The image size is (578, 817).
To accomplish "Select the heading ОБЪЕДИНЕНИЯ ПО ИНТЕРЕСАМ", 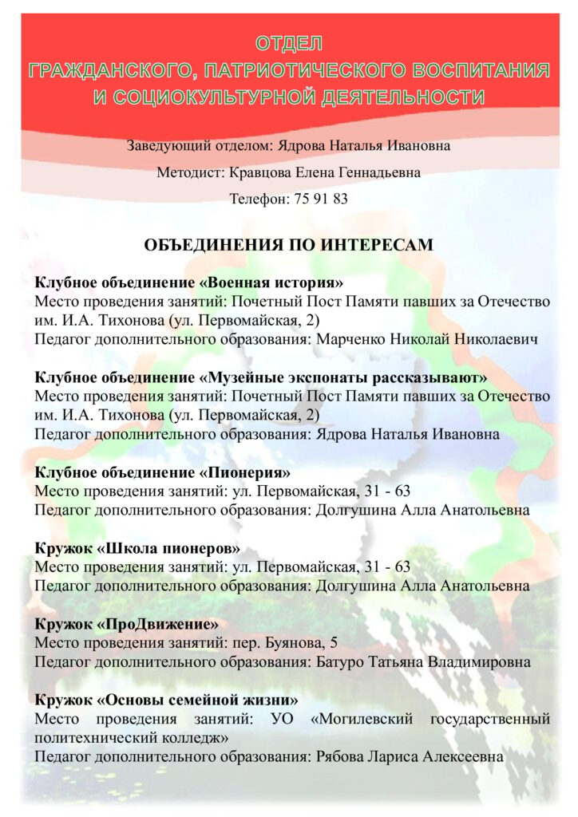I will click(x=288, y=245).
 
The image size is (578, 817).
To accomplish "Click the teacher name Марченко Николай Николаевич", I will click(x=427, y=339).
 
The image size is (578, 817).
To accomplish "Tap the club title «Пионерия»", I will click(x=243, y=472).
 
